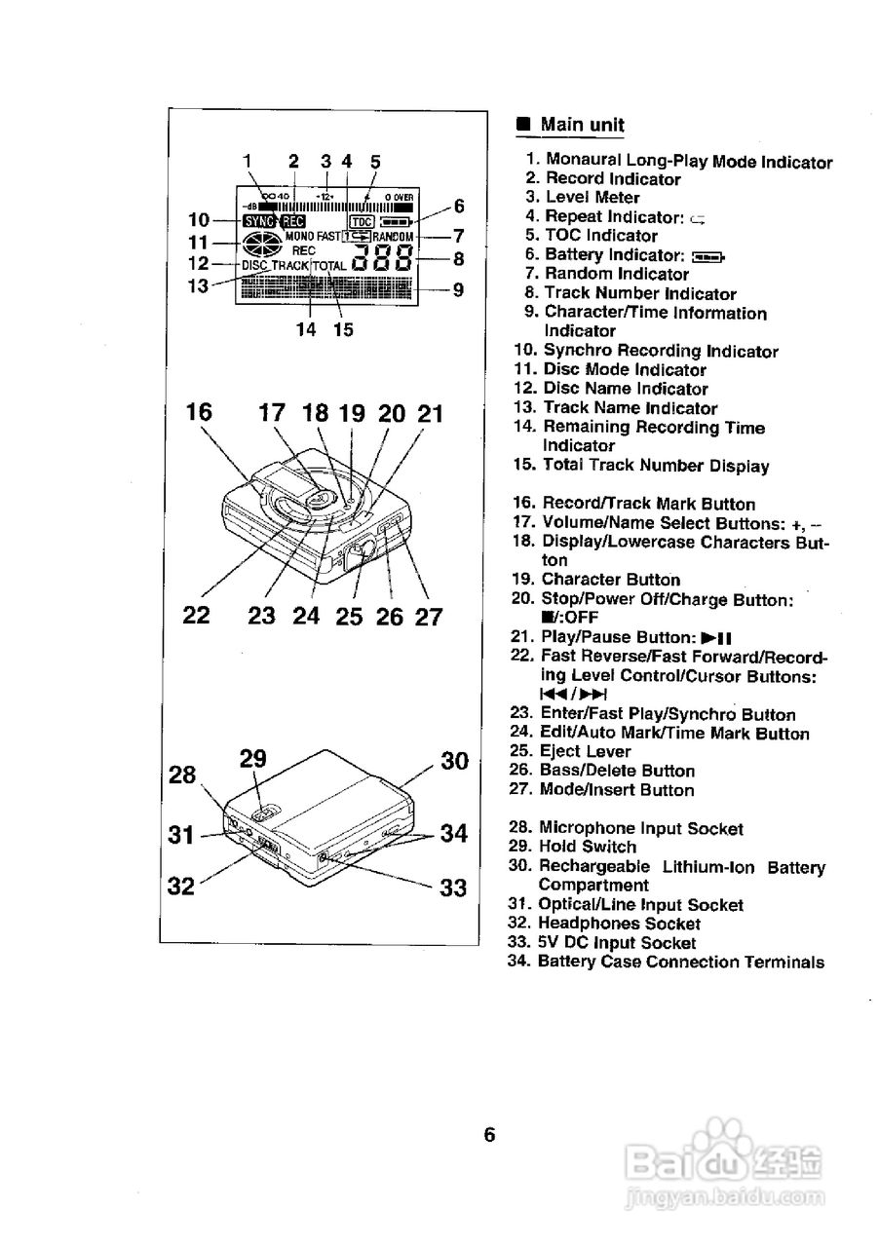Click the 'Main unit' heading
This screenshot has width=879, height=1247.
(x=582, y=125)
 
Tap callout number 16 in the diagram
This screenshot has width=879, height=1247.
(x=199, y=412)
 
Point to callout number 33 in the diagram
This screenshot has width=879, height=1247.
(x=452, y=888)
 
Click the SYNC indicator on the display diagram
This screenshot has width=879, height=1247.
(x=260, y=220)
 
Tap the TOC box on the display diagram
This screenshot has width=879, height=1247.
(x=361, y=220)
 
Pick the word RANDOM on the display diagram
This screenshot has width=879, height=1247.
(x=394, y=237)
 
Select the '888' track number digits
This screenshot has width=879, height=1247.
(x=382, y=259)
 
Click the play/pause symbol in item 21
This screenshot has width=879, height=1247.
(x=716, y=638)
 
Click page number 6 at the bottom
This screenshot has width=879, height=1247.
(x=489, y=1135)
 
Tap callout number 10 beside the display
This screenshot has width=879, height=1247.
(x=200, y=219)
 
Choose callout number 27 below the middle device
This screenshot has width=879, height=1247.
(x=429, y=617)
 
